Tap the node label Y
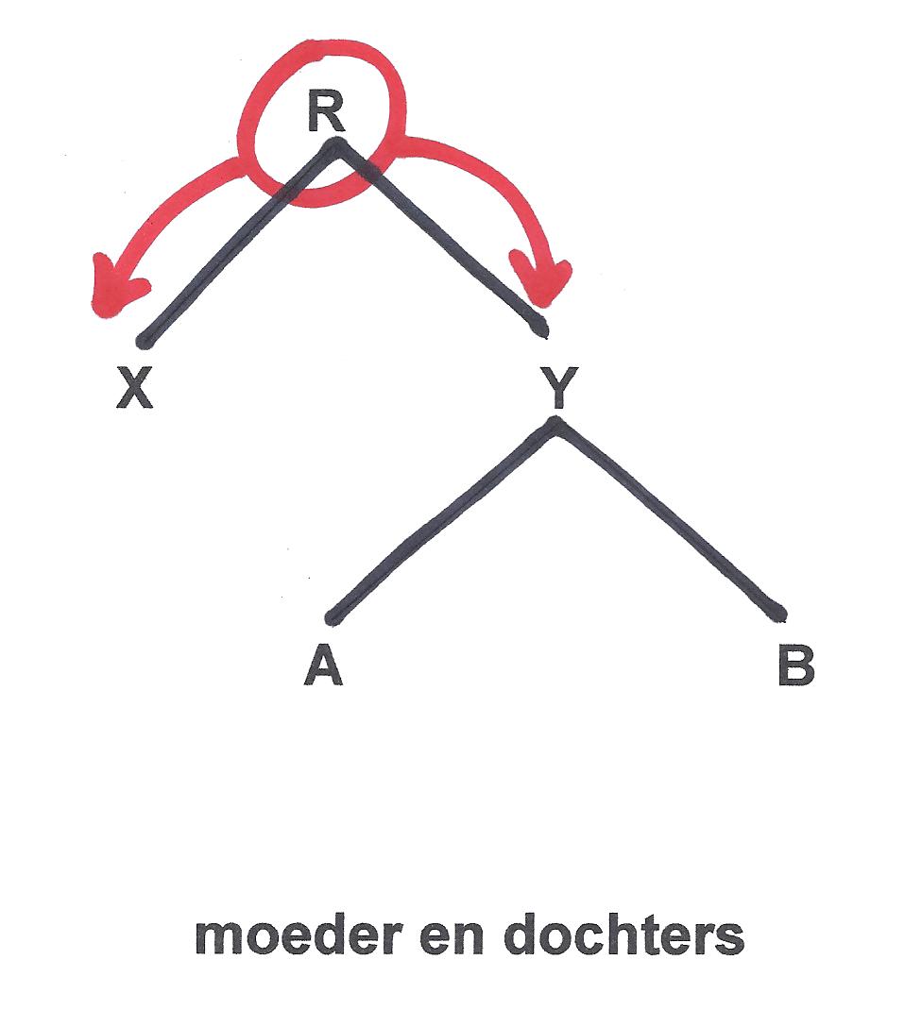click(x=558, y=388)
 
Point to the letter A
click(x=323, y=666)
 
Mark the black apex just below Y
click(x=557, y=425)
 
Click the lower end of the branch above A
click(x=333, y=619)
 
